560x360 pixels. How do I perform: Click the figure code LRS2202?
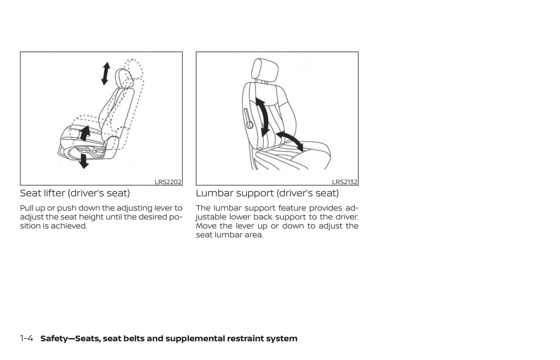(168, 182)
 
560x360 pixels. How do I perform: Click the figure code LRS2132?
(345, 182)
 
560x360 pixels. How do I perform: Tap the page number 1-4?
(26, 339)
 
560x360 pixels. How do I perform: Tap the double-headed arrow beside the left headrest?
(106, 74)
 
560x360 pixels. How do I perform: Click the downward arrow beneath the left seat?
(83, 161)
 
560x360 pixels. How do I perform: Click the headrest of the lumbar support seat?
(265, 69)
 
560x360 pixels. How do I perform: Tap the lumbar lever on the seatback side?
(248, 119)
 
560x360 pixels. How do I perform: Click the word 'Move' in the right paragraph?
(205, 226)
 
